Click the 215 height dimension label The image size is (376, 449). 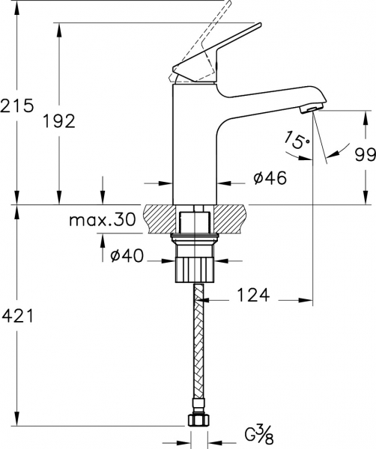coord(17,106)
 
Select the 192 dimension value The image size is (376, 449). coord(59,120)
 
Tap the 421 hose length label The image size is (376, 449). coord(18,316)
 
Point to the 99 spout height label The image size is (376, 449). coord(366,155)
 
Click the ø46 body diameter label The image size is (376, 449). coord(270,178)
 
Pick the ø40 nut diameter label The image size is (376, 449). coord(127,255)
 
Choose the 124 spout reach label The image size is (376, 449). coord(254,295)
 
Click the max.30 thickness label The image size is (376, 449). coord(103,219)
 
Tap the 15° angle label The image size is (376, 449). coord(297,139)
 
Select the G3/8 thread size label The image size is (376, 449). coord(260,433)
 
